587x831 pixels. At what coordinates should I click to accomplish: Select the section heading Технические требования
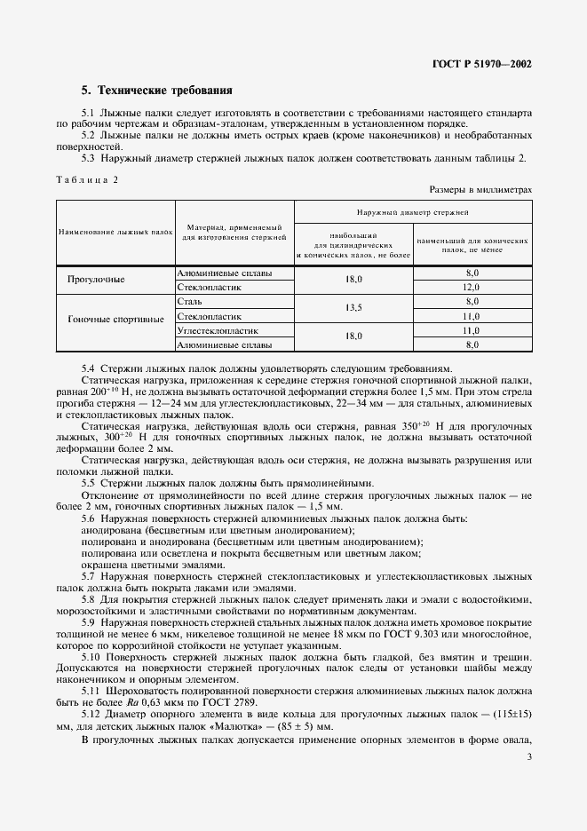156,91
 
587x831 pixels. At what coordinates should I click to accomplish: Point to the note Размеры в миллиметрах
480,189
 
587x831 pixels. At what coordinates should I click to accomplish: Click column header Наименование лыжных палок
115,231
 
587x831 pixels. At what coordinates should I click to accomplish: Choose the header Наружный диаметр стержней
412,213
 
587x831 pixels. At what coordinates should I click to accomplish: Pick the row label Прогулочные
96,280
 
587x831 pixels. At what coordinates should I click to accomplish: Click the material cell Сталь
190,302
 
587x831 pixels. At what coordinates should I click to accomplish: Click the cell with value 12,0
472,288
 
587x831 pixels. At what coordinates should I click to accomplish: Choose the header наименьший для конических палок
472,245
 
